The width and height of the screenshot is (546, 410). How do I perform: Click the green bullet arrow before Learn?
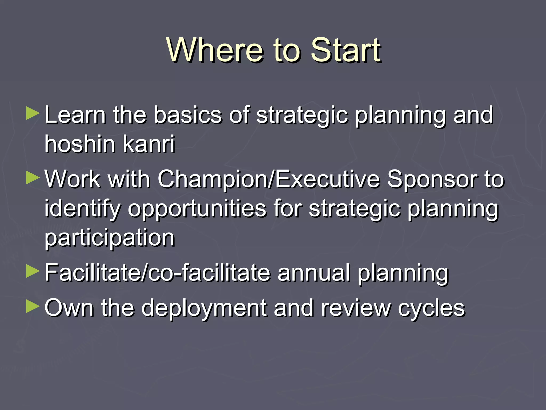33,113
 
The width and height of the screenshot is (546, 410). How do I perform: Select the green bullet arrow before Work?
33,178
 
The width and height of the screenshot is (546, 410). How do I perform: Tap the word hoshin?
80,144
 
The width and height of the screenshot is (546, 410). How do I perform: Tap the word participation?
109,238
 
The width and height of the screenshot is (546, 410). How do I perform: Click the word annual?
313,273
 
